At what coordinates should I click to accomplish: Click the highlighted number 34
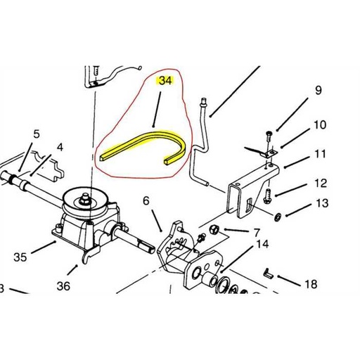point(165,81)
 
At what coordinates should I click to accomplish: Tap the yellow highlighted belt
point(153,136)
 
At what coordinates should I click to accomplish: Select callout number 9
point(318,91)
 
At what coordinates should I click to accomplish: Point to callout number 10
point(319,125)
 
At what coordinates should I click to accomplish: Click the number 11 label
point(320,154)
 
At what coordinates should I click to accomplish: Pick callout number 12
point(321,184)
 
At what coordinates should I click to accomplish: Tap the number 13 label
point(322,203)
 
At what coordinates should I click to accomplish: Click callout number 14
point(262,244)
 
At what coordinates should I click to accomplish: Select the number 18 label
point(311,284)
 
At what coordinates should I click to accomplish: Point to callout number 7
point(257,233)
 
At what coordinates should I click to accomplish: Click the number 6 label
point(146,201)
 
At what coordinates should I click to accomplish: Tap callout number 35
point(20,257)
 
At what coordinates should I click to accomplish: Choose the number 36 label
point(63,286)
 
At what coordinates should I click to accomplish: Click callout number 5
point(37,134)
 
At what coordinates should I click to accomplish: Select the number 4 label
point(60,148)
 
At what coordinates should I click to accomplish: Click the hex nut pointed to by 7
point(214,229)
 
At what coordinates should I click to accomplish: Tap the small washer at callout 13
point(277,217)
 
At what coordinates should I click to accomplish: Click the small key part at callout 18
point(269,274)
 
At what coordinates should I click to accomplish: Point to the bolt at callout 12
point(267,196)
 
